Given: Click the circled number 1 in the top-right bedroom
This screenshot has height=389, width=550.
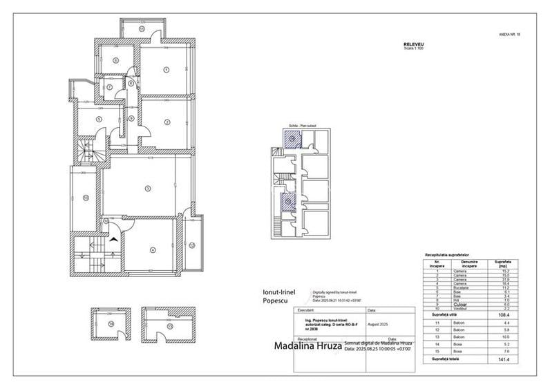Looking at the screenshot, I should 167,68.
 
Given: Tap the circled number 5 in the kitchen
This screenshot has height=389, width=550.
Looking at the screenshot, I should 100,119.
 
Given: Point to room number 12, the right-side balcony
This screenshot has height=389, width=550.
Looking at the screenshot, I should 192,245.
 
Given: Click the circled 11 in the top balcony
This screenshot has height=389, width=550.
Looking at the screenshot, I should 142,29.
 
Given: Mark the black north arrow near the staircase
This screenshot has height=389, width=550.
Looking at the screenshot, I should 113,238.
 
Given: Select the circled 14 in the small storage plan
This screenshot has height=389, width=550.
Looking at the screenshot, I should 111,323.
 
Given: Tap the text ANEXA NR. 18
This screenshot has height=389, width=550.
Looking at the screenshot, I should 509,32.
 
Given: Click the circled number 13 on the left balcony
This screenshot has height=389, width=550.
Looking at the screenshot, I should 85,198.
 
